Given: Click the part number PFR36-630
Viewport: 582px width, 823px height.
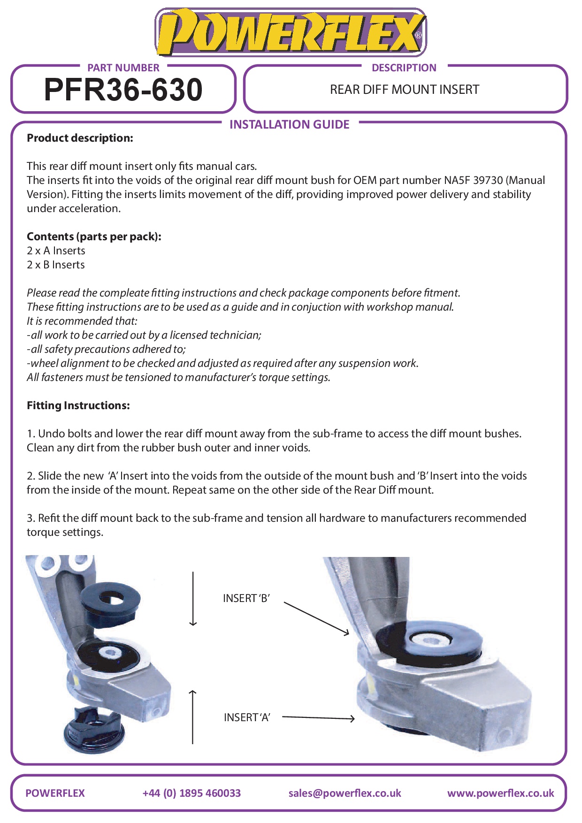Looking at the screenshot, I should pyautogui.click(x=123, y=90).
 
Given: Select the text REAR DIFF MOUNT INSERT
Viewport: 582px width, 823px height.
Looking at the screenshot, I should pyautogui.click(x=404, y=90).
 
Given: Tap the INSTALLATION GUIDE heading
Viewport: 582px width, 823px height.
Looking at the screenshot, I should pyautogui.click(x=289, y=124).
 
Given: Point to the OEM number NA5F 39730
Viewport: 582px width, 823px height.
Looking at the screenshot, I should pyautogui.click(x=473, y=180).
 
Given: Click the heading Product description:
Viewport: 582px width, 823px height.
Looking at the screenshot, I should pyautogui.click(x=80, y=138).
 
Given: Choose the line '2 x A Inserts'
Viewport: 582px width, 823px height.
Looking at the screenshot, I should pyautogui.click(x=56, y=251).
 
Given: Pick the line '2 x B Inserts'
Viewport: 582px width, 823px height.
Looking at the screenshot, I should pyautogui.click(x=56, y=265).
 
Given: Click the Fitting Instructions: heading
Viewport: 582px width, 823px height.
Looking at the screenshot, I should pyautogui.click(x=78, y=405).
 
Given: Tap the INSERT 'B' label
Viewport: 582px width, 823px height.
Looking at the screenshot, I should pyautogui.click(x=246, y=598).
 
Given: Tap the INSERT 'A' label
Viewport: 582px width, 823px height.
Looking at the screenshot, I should pyautogui.click(x=247, y=717).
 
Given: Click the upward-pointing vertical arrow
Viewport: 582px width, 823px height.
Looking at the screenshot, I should pyautogui.click(x=192, y=717).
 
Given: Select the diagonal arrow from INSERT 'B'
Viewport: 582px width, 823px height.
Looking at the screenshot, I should pyautogui.click(x=317, y=618).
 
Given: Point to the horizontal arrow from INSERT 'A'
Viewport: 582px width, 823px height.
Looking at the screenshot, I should pyautogui.click(x=318, y=718).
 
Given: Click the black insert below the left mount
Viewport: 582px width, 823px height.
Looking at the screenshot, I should pyautogui.click(x=94, y=730).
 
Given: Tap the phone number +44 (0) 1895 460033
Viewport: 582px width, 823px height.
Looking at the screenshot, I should pyautogui.click(x=191, y=793).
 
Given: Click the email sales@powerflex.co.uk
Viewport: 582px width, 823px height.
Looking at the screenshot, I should pyautogui.click(x=345, y=793).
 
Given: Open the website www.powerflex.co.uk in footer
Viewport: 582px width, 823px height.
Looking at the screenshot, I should pyautogui.click(x=500, y=793).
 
